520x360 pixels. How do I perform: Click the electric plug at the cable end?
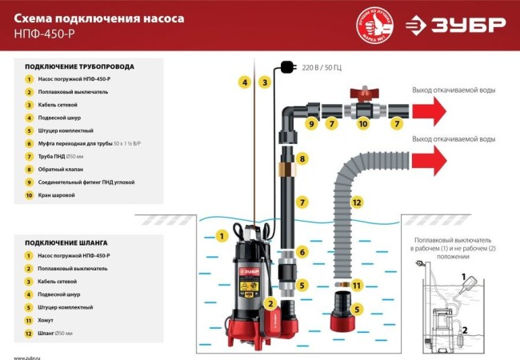285,67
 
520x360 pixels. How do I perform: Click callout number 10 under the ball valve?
362,124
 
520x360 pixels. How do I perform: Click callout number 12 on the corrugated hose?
357,202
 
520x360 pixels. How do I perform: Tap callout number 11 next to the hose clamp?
357,285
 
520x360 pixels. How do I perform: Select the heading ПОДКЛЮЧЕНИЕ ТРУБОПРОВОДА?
79,66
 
